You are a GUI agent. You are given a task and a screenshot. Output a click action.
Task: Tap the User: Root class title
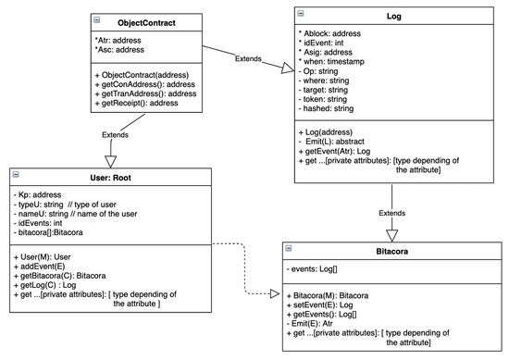pyautogui.click(x=111, y=177)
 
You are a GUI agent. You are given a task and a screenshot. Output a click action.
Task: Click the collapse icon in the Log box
pyautogui.click(x=299, y=12)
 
